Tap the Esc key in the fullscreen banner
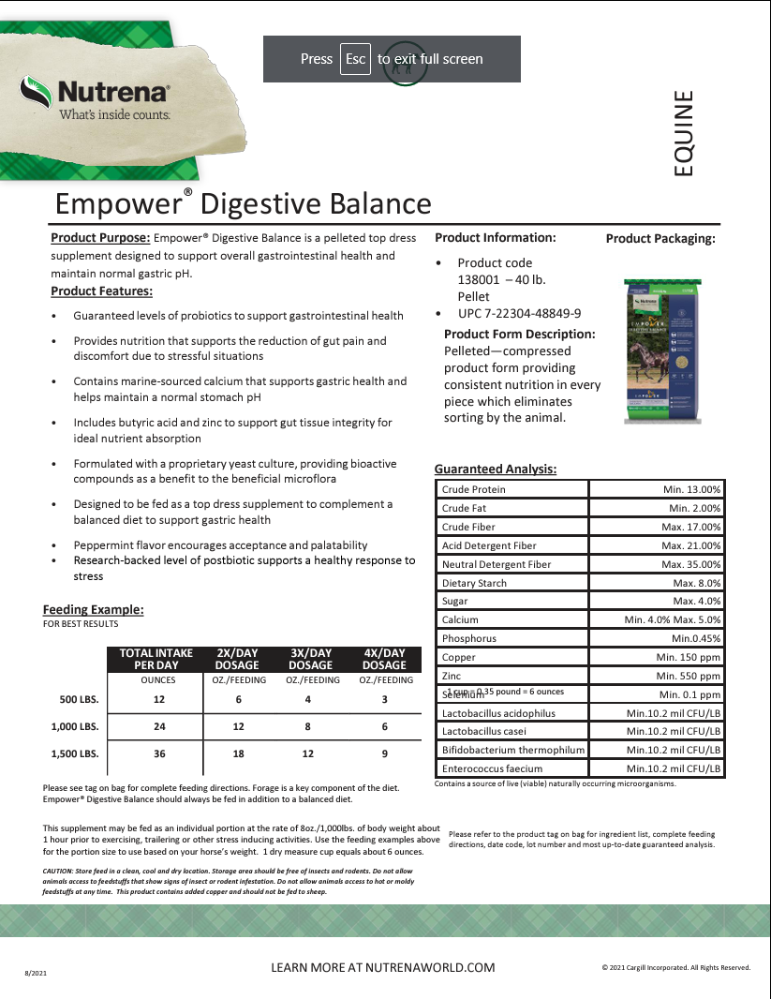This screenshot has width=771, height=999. click(x=355, y=59)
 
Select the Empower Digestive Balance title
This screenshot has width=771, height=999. click(x=244, y=203)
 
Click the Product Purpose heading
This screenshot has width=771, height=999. click(x=100, y=238)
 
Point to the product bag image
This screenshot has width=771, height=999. click(x=663, y=347)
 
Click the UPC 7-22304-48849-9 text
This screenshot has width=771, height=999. click(x=519, y=313)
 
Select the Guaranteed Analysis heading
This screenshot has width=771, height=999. click(x=496, y=469)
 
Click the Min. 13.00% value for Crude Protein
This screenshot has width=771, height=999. click(x=691, y=489)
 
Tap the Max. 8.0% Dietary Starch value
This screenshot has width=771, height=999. click(x=696, y=583)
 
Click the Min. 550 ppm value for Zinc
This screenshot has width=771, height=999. click(x=689, y=676)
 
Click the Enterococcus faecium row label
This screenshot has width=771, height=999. click(x=492, y=768)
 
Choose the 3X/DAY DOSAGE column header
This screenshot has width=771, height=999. click(x=310, y=659)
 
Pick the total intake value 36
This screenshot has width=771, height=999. click(x=158, y=754)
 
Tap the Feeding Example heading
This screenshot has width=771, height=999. click(x=94, y=610)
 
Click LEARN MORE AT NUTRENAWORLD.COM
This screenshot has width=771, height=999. click(x=382, y=967)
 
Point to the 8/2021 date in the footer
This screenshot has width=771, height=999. click(x=35, y=975)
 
